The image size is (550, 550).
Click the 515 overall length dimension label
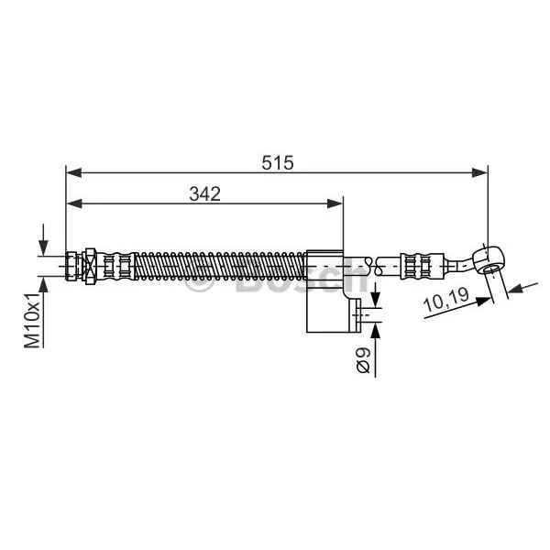pos(277,163)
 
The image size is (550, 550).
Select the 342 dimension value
pos(204,193)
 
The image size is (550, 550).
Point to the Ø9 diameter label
pos(363,360)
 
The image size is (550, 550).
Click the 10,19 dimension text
pos(446,300)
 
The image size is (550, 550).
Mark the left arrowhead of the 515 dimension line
pos(74,172)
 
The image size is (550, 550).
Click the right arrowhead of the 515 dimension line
pos(479,172)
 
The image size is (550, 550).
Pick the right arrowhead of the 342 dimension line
pos(335,203)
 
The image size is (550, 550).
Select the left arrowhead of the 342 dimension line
pos(74,203)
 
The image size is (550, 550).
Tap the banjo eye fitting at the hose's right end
pos(489,259)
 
